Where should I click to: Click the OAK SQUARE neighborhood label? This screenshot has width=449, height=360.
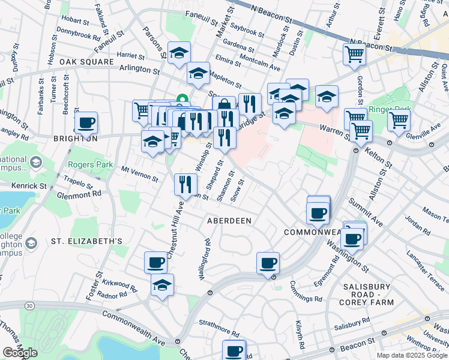pyautogui.click(x=87, y=62)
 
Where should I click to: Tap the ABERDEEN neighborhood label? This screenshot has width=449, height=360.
pyautogui.click(x=229, y=220)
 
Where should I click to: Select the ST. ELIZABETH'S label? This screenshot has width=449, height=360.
pyautogui.click(x=86, y=241)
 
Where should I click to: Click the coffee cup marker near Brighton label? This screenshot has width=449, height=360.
pyautogui.click(x=86, y=124)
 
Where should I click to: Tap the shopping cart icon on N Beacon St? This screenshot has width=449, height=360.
pyautogui.click(x=354, y=54)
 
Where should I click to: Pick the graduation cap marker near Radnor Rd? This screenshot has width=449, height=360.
pyautogui.click(x=162, y=286)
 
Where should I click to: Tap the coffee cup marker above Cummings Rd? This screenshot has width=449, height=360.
pyautogui.click(x=268, y=262)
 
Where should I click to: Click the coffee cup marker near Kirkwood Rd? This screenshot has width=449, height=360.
pyautogui.click(x=156, y=262)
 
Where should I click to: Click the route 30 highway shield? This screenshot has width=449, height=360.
pyautogui.click(x=29, y=306)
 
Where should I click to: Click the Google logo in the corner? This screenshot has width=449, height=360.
pyautogui.click(x=20, y=353)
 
